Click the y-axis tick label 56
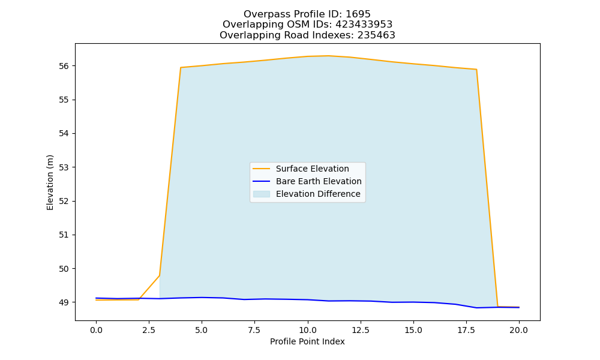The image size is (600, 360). [x=64, y=66]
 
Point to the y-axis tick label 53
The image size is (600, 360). [x=64, y=167]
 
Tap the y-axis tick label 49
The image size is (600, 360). [x=64, y=302]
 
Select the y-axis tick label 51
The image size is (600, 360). [x=64, y=235]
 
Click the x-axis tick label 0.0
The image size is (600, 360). [x=96, y=330]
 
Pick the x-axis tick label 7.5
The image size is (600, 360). [x=254, y=330]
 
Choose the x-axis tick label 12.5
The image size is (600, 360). [x=360, y=330]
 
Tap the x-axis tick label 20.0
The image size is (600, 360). [x=519, y=330]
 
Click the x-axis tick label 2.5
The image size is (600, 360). [x=149, y=330]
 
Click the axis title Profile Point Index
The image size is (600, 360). [x=307, y=341]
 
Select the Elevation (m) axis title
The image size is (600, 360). [x=50, y=182]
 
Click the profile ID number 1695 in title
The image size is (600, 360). [x=358, y=14]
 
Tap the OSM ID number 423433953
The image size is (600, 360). [x=364, y=25]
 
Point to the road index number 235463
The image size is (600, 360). [x=376, y=35]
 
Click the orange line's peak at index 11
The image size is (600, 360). [x=328, y=56]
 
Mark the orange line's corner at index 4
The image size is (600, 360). [x=181, y=68]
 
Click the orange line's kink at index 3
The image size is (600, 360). [x=160, y=275]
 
